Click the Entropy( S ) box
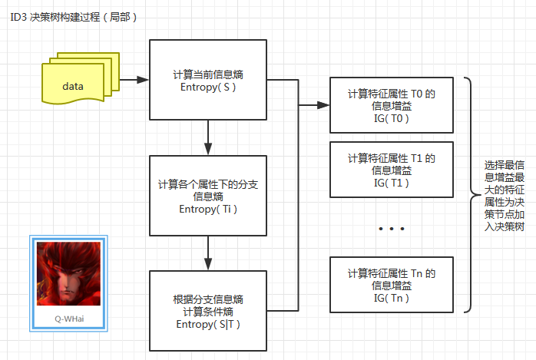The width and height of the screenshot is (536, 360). (x=208, y=80)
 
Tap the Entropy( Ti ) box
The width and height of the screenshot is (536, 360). (x=208, y=196)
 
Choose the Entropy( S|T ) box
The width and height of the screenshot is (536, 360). (x=208, y=311)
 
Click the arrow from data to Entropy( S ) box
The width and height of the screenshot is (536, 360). (x=135, y=79)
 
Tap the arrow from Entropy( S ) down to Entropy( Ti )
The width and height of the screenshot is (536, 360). (x=208, y=138)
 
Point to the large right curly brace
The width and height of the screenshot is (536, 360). (x=469, y=195)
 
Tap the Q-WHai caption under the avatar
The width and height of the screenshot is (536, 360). (x=68, y=317)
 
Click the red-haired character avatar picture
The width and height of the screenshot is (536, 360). (x=68, y=274)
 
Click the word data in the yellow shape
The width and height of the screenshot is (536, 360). (x=73, y=86)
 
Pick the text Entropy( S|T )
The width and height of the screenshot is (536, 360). (x=208, y=324)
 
